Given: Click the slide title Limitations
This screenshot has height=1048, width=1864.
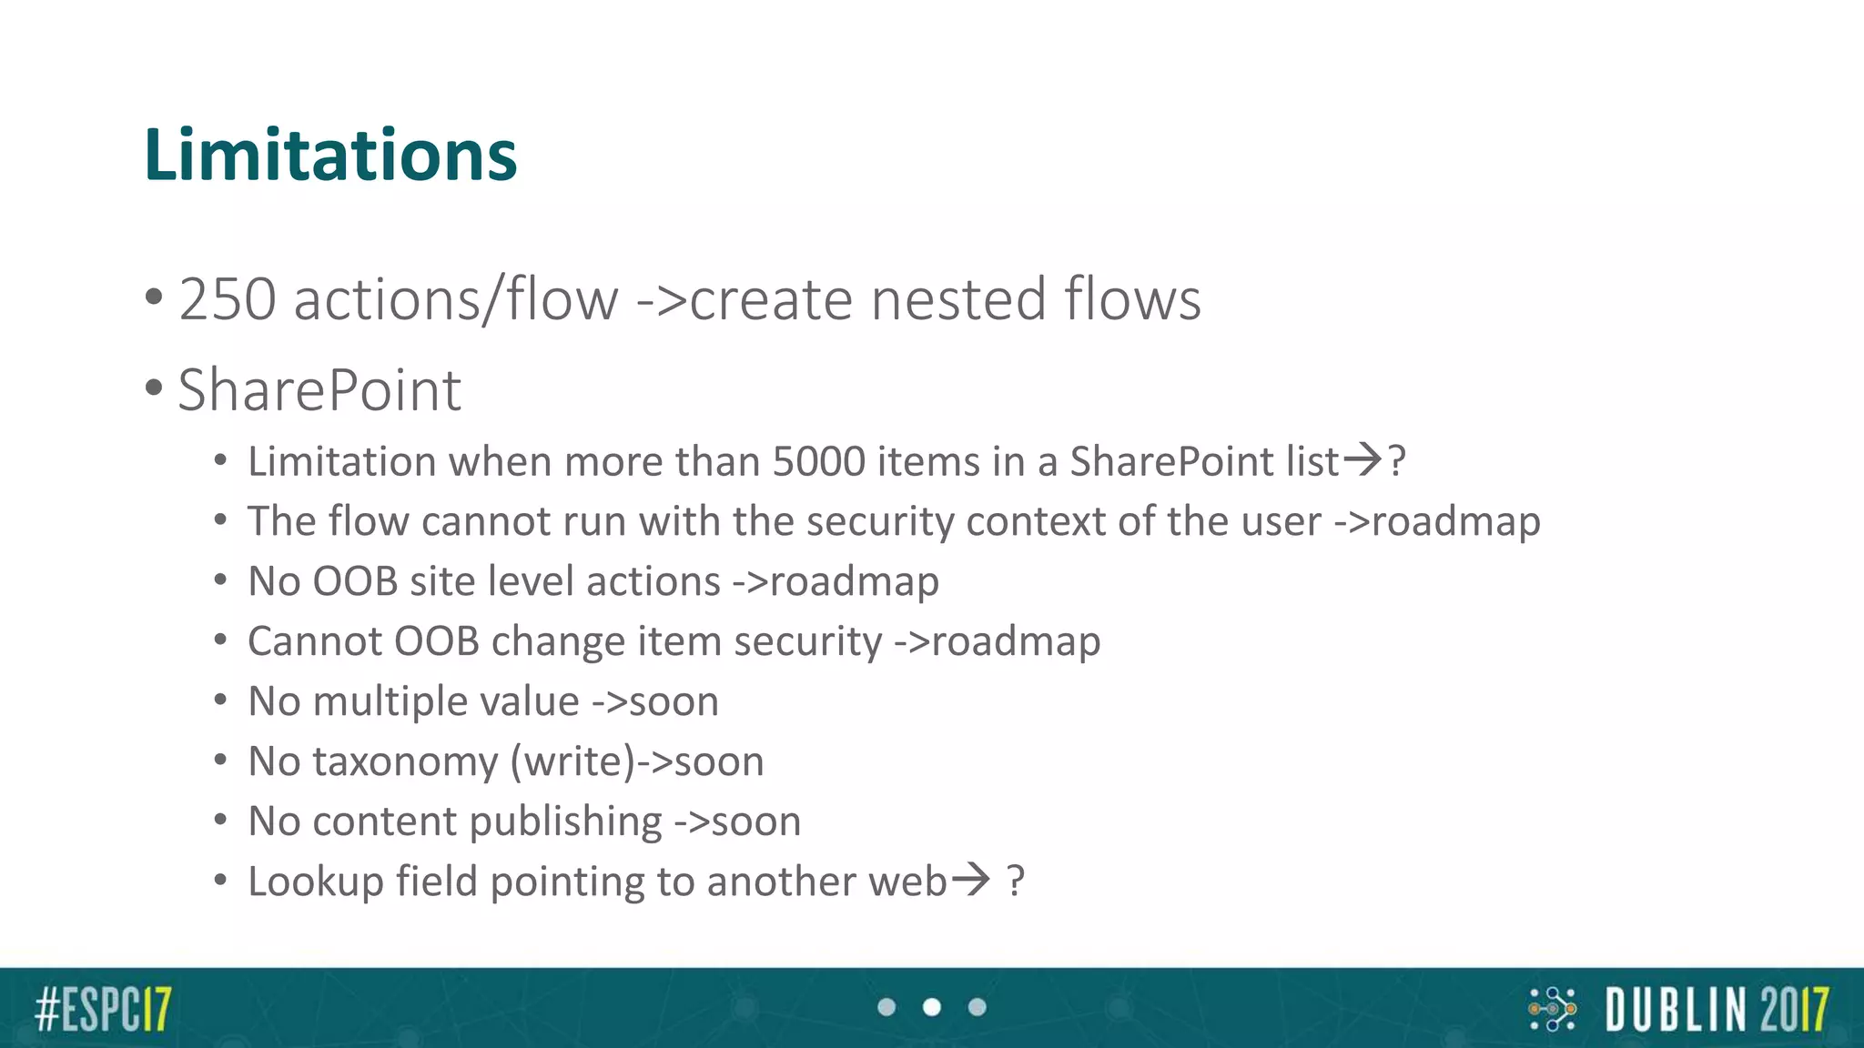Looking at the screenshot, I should pos(330,155).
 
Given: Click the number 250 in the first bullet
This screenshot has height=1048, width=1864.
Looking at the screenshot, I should pos(228,299).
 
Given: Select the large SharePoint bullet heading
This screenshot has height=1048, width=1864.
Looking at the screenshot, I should pos(319,390).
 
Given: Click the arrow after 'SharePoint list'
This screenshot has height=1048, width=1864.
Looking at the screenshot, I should pos(1363,459).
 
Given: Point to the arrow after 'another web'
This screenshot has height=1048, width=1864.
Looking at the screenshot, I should pos(970,880).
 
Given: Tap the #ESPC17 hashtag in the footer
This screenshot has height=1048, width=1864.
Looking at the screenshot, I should pos(103,1009).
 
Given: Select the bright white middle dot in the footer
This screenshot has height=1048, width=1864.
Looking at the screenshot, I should pos(932,1007).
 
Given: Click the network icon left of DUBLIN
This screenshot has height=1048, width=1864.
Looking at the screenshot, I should pos(1552,1009).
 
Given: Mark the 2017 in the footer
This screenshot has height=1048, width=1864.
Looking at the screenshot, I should pos(1793,1010).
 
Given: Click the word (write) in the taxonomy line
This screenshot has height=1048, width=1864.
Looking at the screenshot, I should pos(572,761).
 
